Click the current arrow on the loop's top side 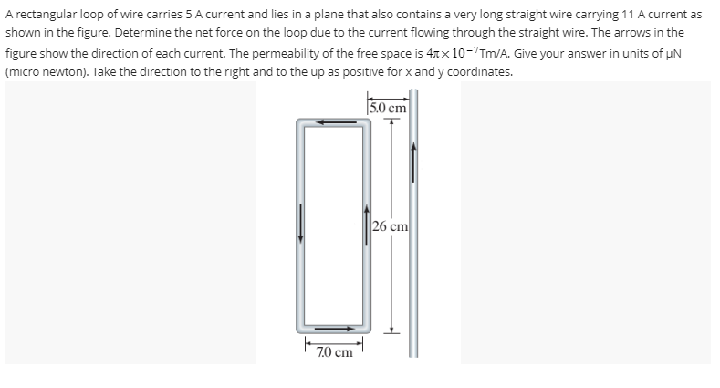[334, 121]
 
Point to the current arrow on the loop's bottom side [334, 328]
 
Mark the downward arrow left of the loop [299, 225]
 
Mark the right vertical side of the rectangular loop [367, 225]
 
